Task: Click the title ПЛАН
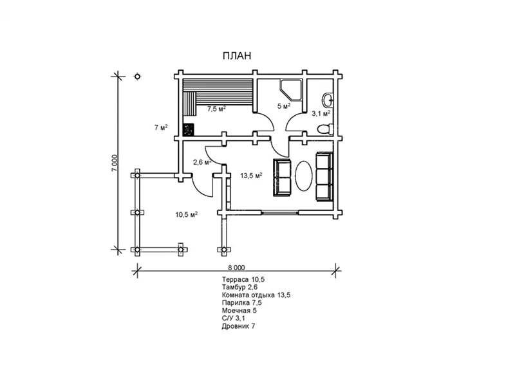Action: coord(237,56)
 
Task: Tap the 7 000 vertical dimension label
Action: coord(114,163)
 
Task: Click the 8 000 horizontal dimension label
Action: coord(236,268)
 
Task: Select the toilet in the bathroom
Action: coord(325,128)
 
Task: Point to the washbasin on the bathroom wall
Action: coord(328,100)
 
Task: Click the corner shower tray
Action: coord(291,89)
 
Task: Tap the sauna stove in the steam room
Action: coord(189,129)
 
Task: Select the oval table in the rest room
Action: coord(303,175)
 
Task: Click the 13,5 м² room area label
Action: coord(251,176)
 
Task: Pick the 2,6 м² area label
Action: coord(202,162)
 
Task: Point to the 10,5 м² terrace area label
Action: coord(186,215)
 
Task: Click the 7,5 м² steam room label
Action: coord(216,109)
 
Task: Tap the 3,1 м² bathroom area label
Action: coord(321,114)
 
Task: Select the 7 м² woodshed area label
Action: coord(162,127)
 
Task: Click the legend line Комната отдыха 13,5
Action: coord(256,295)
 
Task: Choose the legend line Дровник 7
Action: coord(238,326)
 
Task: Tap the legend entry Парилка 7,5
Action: coord(242,302)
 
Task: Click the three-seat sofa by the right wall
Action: coord(324,176)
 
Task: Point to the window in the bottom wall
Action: coord(281,213)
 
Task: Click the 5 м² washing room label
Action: coord(284,106)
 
